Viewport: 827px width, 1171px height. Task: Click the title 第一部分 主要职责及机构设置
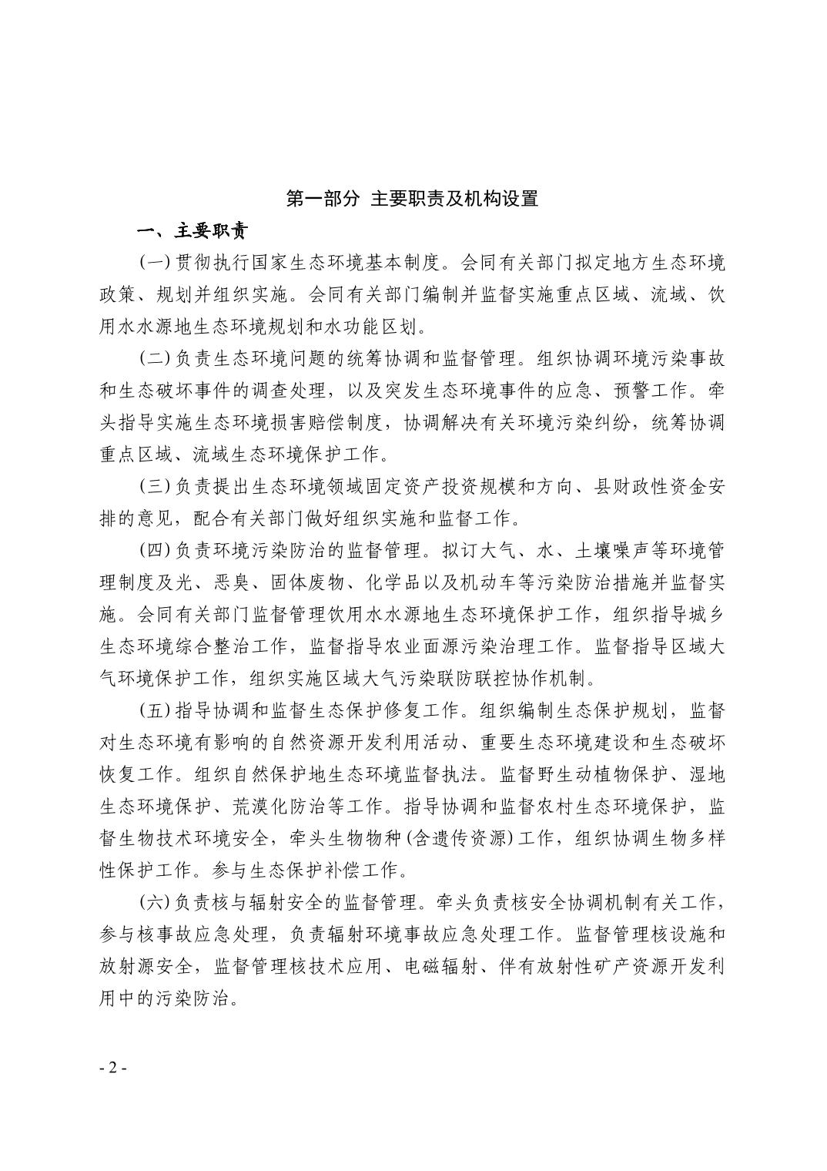(412, 199)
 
